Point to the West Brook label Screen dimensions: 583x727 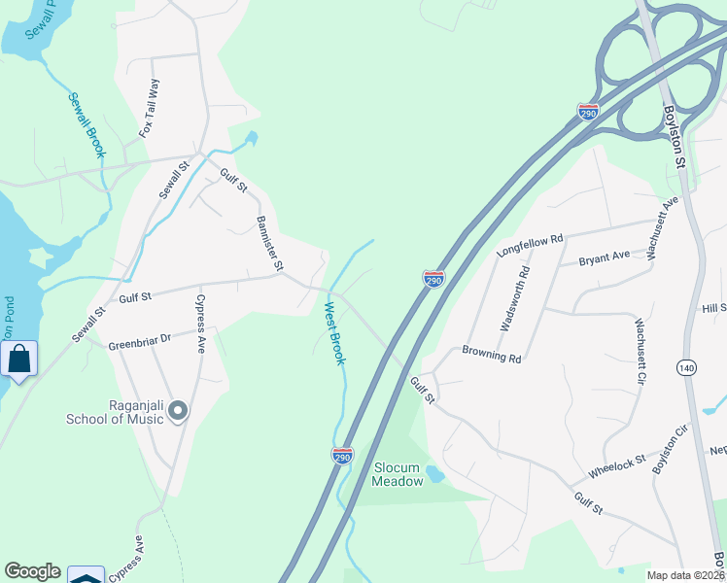click(x=333, y=333)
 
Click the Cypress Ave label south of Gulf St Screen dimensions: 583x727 click(x=201, y=323)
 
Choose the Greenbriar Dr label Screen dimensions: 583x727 click(x=139, y=341)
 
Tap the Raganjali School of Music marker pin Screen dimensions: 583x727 click(x=177, y=412)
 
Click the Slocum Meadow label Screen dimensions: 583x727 click(x=399, y=474)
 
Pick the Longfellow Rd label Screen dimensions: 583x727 click(x=530, y=243)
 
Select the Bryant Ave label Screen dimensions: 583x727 click(x=604, y=258)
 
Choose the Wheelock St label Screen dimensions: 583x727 click(x=616, y=467)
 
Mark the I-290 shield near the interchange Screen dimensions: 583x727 click(x=588, y=113)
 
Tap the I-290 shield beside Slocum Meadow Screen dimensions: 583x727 click(x=342, y=455)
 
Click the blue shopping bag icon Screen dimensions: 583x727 click(x=18, y=360)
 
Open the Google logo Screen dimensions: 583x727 click(x=32, y=571)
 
